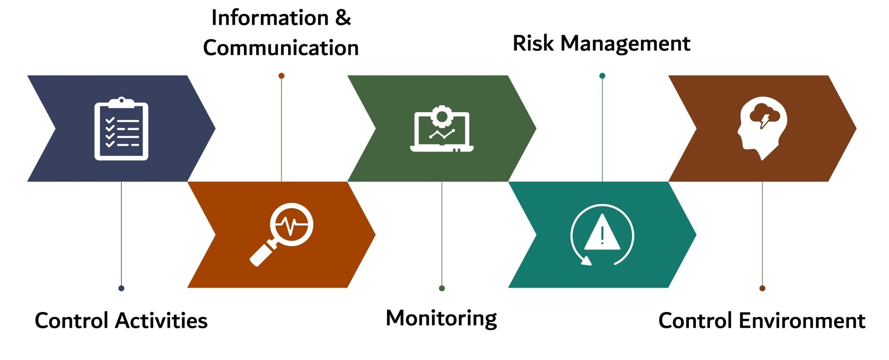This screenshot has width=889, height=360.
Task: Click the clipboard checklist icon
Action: [121, 129]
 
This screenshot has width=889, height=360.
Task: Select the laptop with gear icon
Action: [442, 129]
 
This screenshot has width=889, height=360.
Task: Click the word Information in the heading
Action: [270, 18]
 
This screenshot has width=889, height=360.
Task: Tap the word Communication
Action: [281, 48]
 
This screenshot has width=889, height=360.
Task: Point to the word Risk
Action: [533, 43]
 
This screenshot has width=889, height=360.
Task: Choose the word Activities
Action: [161, 321]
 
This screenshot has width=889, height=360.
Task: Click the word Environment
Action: [802, 321]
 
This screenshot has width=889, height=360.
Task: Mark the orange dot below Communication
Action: [281, 76]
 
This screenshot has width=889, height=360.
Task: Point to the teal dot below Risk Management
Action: [602, 76]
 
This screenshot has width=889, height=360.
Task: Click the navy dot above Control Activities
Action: [121, 288]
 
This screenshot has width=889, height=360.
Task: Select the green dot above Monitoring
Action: [442, 288]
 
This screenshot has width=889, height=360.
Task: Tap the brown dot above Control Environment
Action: [762, 288]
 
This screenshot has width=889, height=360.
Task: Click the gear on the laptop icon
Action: [442, 116]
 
